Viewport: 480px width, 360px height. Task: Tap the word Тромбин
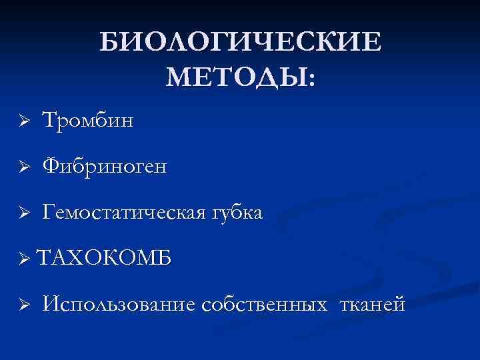88,121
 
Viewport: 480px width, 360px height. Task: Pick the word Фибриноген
105,167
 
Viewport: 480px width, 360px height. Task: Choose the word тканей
372,305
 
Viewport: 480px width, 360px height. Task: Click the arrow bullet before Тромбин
22,122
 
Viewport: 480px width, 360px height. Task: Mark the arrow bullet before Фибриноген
22,167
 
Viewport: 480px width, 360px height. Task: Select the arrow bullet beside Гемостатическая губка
22,213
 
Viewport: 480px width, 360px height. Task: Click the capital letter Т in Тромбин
50,121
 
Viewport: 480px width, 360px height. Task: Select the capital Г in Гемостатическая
50,213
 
